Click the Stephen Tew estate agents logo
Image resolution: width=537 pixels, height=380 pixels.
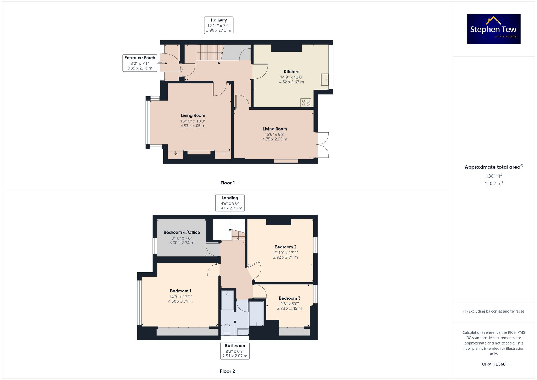494,29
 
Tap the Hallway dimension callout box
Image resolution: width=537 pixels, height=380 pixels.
219,25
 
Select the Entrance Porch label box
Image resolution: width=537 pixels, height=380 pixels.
140,63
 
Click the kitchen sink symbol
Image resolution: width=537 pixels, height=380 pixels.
325,80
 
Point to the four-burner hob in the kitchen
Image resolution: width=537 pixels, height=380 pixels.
306,103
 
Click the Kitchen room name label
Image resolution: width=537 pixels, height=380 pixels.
291,71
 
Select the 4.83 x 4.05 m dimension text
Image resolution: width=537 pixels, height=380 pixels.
193,126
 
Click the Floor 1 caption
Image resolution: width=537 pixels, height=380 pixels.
227,183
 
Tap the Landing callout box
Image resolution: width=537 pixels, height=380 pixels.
230,203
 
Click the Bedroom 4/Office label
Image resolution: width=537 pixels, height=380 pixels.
182,232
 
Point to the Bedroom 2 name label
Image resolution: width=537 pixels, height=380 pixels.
285,247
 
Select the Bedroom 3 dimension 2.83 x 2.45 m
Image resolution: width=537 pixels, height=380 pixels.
289,309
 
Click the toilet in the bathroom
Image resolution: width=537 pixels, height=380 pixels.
227,330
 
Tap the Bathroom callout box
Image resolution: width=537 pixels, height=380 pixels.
235,351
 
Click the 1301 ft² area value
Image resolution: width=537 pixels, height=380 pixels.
494,176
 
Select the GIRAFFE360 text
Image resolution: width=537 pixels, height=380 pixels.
494,364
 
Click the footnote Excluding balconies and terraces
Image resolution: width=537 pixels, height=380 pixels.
494,311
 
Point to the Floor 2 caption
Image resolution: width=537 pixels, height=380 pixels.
227,371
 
